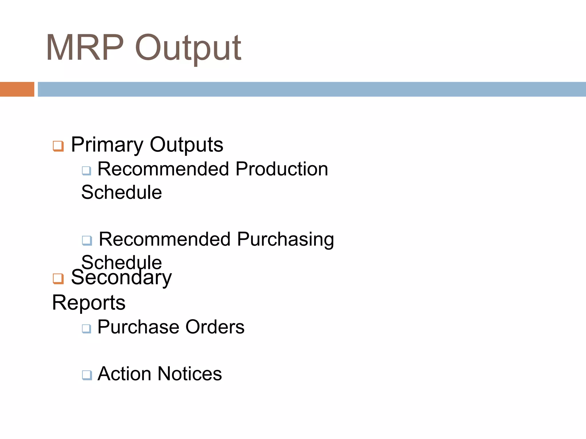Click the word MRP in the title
click(x=85, y=47)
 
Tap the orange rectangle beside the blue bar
click(x=17, y=89)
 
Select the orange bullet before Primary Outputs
click(x=58, y=146)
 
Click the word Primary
click(x=107, y=145)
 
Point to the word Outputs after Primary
click(x=186, y=145)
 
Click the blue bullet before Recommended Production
click(x=86, y=171)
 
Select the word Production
click(x=282, y=169)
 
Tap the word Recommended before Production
click(x=163, y=169)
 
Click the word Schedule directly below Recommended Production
click(x=122, y=192)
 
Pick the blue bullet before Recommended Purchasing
click(x=87, y=240)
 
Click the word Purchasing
click(x=285, y=240)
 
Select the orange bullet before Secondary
click(x=58, y=279)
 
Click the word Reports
click(x=89, y=303)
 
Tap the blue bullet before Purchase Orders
click(x=86, y=328)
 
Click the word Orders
click(x=215, y=327)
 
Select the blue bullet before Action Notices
click(x=87, y=375)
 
